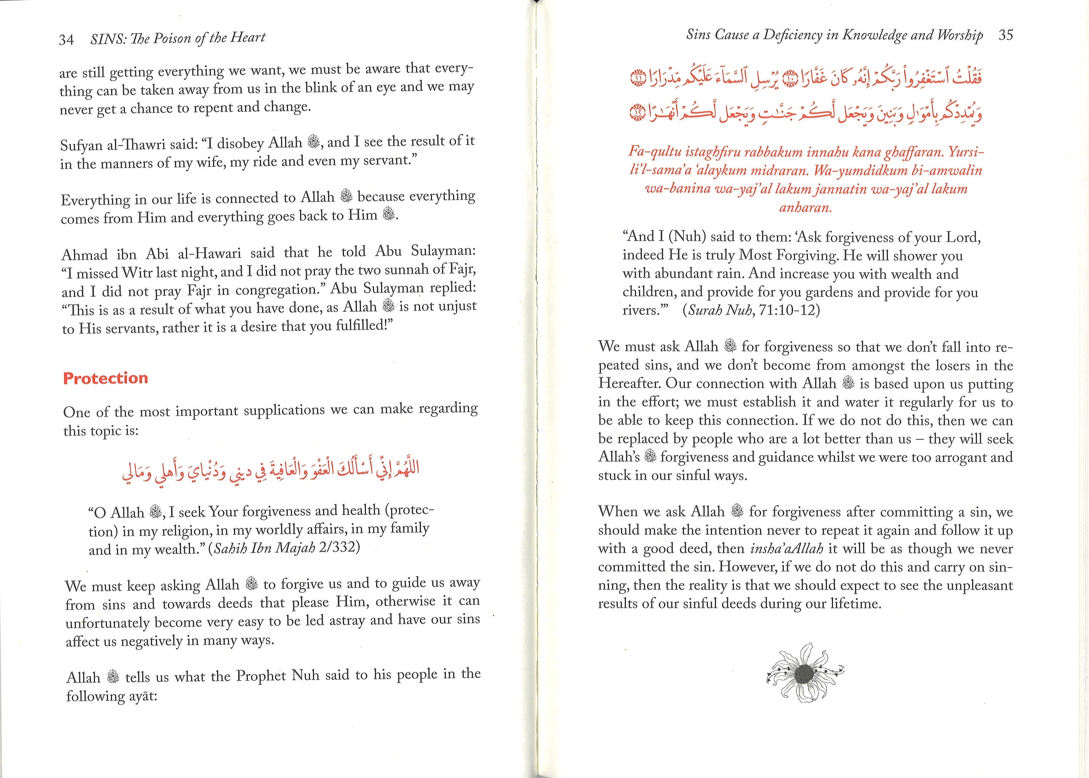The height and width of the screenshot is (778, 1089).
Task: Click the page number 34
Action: [66, 39]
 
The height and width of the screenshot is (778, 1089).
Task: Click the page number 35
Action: [1006, 35]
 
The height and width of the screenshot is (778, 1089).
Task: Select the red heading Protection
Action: [105, 378]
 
